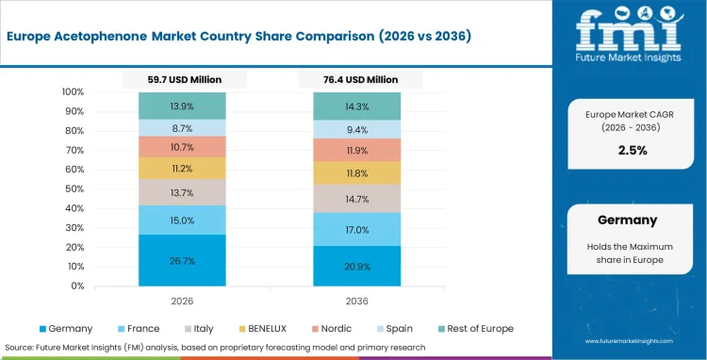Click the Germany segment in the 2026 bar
point(182,260)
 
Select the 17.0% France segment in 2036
point(357,229)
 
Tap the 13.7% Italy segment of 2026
point(182,192)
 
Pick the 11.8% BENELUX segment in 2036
point(357,173)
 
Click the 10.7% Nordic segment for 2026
point(182,147)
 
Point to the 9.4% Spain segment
point(357,130)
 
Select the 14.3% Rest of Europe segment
point(357,106)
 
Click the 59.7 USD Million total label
point(182,81)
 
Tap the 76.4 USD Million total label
point(357,81)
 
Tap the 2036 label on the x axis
point(357,301)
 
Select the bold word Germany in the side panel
point(627,220)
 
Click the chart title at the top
point(240,36)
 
